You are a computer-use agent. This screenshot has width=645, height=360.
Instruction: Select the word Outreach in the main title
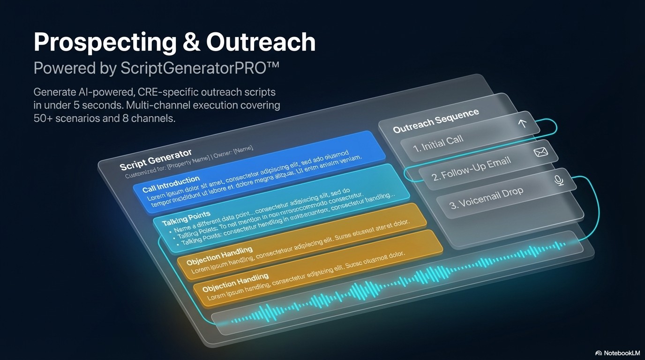(x=261, y=43)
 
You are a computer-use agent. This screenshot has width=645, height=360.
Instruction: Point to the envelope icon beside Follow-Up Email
(x=541, y=152)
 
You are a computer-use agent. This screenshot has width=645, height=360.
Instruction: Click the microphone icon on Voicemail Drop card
(x=559, y=180)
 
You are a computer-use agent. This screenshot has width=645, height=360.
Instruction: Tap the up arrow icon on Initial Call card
(x=522, y=124)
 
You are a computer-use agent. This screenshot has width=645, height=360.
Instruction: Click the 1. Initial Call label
(x=438, y=143)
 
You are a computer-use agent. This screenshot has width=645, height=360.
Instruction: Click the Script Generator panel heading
(x=155, y=160)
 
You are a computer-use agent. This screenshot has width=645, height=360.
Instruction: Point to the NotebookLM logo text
(x=622, y=353)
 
